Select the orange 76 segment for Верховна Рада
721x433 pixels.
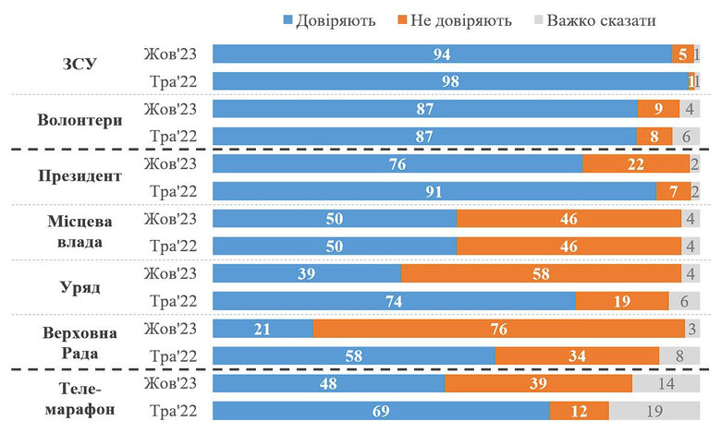498,329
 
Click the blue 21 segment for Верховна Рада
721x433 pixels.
263,329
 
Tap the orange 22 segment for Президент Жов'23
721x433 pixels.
634,163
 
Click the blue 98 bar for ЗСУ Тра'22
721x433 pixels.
450,81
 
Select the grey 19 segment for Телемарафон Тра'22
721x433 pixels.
653,411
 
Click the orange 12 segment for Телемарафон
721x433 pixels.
580,411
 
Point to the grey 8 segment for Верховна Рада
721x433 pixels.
678,356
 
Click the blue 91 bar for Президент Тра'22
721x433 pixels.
434,191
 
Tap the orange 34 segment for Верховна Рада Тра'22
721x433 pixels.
577,356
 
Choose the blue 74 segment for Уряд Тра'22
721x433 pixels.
394,301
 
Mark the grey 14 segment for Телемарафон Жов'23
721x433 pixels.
666,383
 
